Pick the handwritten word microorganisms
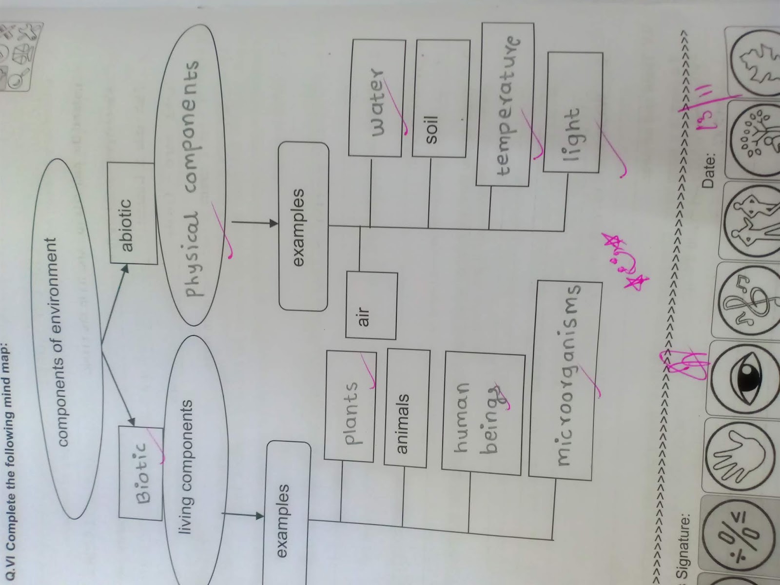[x=565, y=375]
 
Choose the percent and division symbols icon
[x=739, y=539]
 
